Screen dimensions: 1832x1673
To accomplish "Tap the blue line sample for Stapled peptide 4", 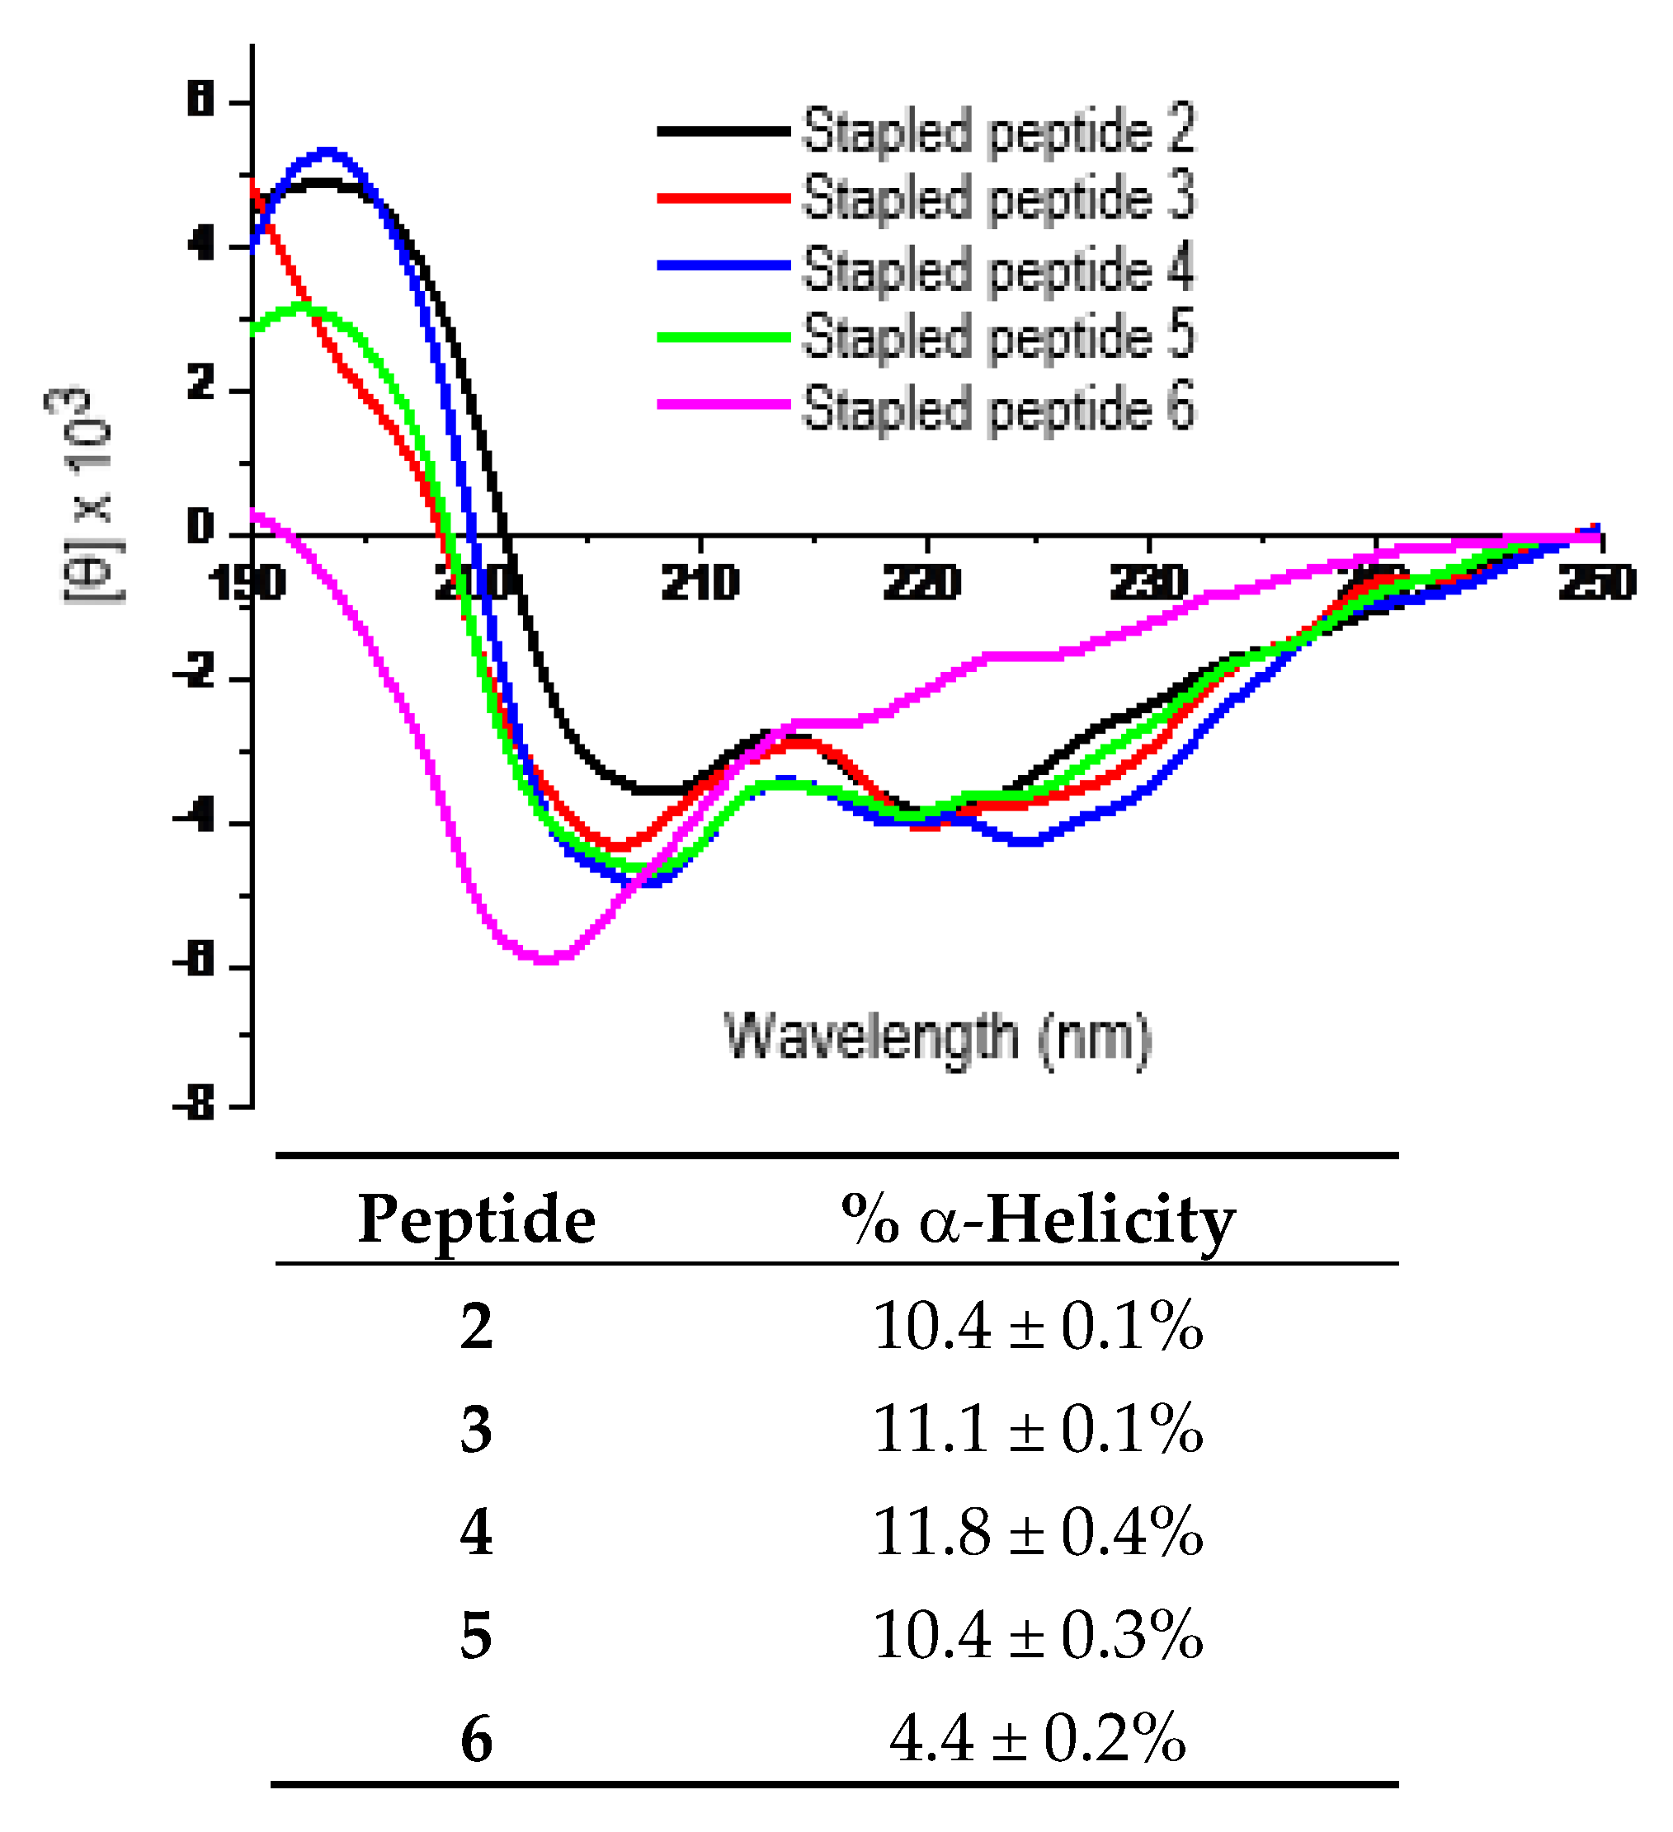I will pyautogui.click(x=723, y=265).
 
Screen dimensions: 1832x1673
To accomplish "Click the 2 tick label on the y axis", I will pyautogui.click(x=200, y=383).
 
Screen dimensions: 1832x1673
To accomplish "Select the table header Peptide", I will pyautogui.click(x=477, y=1219).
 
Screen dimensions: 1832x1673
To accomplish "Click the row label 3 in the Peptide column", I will pyautogui.click(x=477, y=1430).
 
